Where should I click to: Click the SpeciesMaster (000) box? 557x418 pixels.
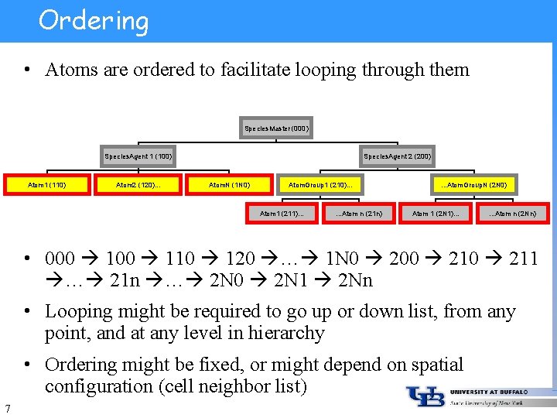276,128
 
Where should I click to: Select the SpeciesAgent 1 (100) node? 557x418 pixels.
138,156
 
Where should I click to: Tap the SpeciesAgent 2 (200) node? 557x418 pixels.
398,156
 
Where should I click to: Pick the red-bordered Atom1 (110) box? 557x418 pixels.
46,185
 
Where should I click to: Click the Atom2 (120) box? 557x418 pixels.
138,185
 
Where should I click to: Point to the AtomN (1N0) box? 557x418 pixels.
230,185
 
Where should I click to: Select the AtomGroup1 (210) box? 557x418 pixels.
320,185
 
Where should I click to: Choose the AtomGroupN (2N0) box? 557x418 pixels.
473,185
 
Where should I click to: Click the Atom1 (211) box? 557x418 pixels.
282,213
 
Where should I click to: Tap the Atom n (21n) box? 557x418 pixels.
359,213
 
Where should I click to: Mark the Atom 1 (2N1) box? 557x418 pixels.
436,213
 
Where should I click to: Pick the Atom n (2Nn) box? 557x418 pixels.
512,213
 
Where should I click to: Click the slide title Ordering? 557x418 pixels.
94,20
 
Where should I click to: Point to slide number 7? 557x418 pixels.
7,408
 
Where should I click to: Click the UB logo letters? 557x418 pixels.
425,396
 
